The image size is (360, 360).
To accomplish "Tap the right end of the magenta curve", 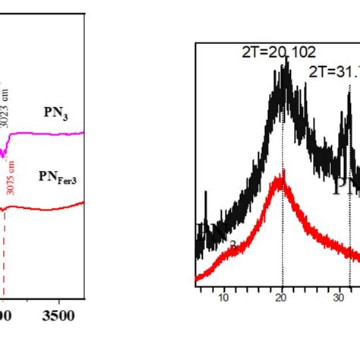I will pos(82,132).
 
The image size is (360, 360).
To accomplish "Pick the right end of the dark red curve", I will pos(82,202).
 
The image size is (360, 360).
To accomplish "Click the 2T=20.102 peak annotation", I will pos(273,52).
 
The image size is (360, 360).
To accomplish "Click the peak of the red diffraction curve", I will pos(283,173).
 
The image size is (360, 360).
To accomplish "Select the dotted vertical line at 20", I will pos(283,228).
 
